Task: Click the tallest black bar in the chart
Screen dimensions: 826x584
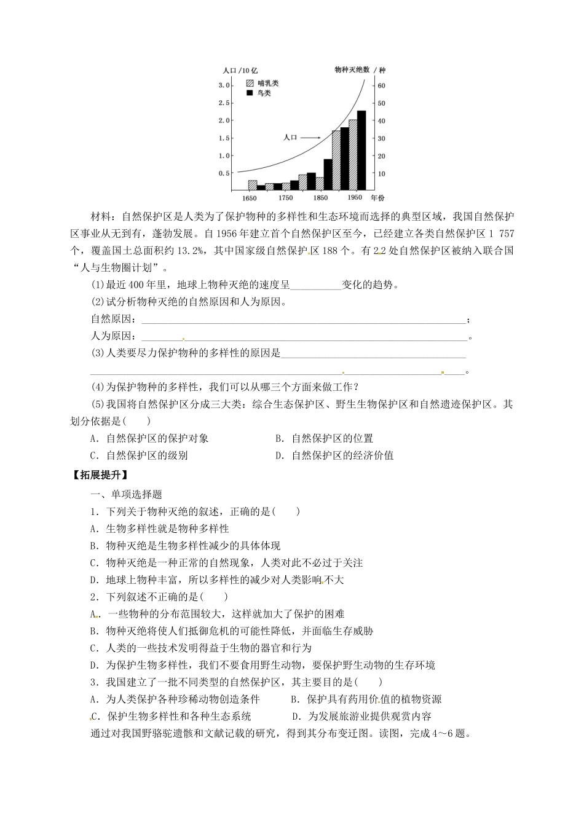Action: [x=361, y=150]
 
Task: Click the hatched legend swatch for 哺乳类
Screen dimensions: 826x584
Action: [x=250, y=82]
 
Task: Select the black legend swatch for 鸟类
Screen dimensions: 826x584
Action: [x=250, y=93]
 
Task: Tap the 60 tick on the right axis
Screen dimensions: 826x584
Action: [x=381, y=85]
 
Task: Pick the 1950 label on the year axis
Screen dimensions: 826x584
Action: [x=355, y=198]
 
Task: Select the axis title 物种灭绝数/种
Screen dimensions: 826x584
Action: [x=360, y=70]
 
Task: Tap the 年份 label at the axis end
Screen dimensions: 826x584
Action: [x=377, y=198]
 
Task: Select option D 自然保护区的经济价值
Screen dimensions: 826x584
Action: [x=334, y=455]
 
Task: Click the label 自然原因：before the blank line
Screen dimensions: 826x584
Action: [x=113, y=319]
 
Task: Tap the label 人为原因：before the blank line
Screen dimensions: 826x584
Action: [x=113, y=336]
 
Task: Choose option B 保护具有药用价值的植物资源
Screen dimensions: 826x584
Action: [x=366, y=699]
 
